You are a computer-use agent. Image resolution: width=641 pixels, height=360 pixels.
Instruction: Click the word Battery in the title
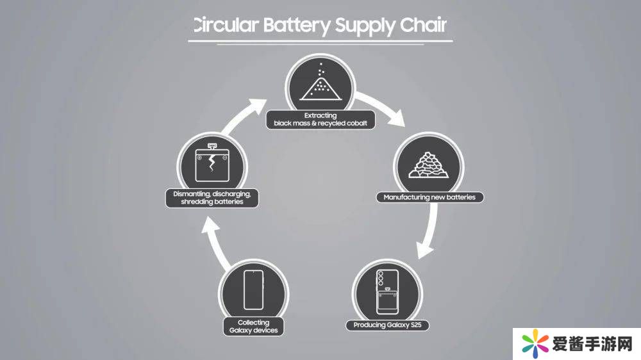tap(296, 26)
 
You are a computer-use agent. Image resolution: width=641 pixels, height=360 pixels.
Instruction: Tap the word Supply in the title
tap(366, 26)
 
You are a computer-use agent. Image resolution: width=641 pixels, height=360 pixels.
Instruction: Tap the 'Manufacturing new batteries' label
tap(429, 197)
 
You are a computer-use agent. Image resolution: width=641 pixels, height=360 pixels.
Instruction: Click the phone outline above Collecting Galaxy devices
tap(253, 290)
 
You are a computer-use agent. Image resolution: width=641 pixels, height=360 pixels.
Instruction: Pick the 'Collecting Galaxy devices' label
tap(253, 327)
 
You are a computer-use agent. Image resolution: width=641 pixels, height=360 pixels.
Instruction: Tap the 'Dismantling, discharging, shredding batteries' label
tap(212, 197)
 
